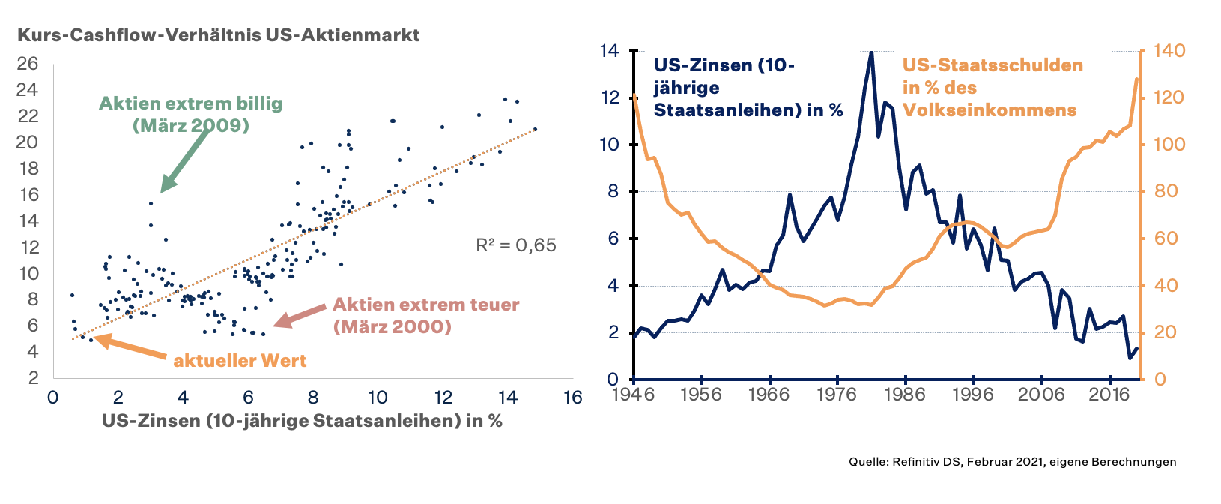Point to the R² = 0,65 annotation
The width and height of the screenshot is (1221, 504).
point(516,244)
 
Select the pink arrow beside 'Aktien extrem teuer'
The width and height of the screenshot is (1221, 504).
point(300,316)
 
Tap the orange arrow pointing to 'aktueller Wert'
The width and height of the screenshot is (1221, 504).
point(131,349)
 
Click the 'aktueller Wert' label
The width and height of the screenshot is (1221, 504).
point(240,360)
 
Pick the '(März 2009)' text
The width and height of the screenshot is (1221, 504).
point(191,125)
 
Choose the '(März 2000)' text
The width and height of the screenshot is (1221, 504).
point(393,326)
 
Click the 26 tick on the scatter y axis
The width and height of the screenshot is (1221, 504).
point(28,64)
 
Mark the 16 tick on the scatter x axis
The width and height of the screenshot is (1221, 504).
point(572,397)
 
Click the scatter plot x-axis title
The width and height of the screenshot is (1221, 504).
point(302,420)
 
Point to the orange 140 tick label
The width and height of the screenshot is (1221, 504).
point(1169,51)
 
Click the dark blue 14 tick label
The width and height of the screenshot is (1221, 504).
point(610,51)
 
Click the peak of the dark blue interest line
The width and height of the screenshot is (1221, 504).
point(871,52)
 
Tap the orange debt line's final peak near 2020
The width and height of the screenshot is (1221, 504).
point(1136,79)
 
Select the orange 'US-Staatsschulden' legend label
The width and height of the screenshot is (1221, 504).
point(993,64)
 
